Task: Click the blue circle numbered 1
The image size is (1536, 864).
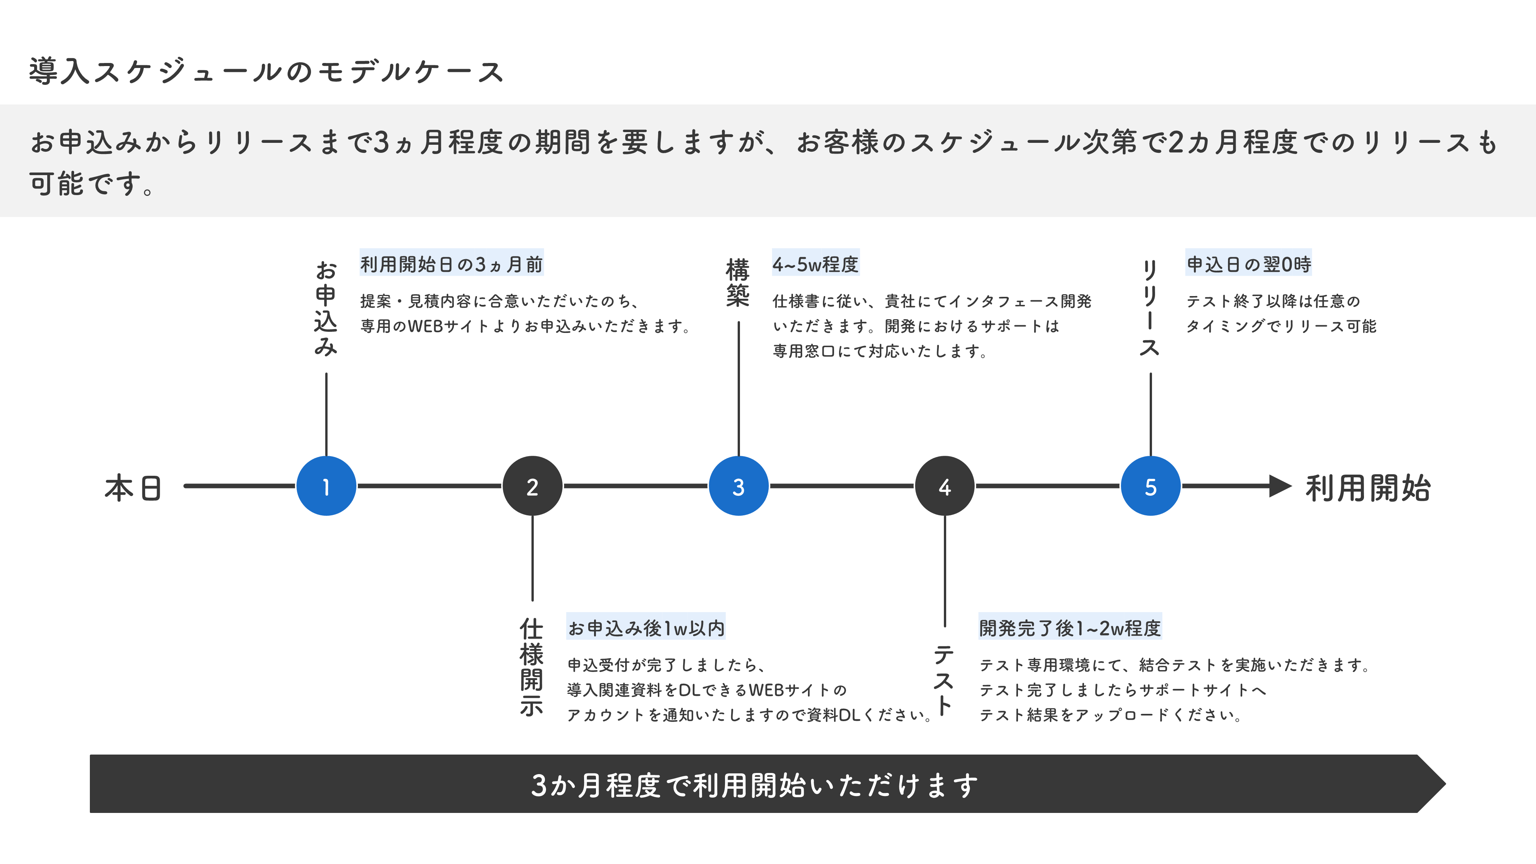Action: pyautogui.click(x=326, y=486)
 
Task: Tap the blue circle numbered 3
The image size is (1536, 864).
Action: pyautogui.click(x=738, y=486)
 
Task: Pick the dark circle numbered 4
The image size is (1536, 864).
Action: pyautogui.click(x=945, y=486)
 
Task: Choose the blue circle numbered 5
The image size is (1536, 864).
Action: pyautogui.click(x=1150, y=486)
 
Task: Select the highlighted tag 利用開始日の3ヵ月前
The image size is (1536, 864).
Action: pyautogui.click(x=451, y=263)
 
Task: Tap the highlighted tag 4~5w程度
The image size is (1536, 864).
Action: pyautogui.click(x=815, y=263)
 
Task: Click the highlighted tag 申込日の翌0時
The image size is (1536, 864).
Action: pyautogui.click(x=1249, y=263)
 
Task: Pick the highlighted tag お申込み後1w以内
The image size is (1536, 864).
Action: pyautogui.click(x=646, y=627)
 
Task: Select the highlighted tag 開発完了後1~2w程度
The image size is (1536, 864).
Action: pyautogui.click(x=1070, y=627)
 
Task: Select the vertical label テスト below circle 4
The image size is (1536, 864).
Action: pyautogui.click(x=943, y=680)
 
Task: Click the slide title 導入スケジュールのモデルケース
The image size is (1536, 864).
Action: pyautogui.click(x=266, y=71)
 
